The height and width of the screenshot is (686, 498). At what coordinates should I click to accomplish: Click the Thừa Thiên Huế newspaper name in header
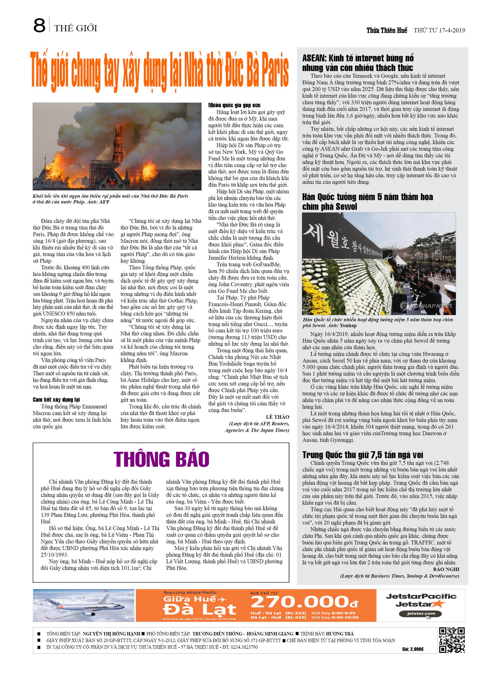(x=387, y=30)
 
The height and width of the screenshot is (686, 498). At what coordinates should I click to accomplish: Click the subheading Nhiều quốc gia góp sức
(x=234, y=105)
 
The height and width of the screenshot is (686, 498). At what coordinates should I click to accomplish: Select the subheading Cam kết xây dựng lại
(x=56, y=400)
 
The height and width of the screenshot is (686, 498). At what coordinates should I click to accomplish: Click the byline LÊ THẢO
(x=277, y=417)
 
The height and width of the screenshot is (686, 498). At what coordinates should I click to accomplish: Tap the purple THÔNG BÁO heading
(x=161, y=460)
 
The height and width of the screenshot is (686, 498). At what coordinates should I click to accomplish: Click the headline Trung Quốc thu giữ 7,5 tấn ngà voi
(x=363, y=455)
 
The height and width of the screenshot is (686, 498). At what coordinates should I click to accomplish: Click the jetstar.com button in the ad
(x=421, y=614)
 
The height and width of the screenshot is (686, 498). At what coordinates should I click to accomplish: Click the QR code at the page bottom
(x=452, y=640)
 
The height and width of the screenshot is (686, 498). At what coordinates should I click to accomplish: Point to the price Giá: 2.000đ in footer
(x=413, y=649)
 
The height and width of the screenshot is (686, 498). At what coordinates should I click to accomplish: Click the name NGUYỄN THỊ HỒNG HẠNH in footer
(x=111, y=634)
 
